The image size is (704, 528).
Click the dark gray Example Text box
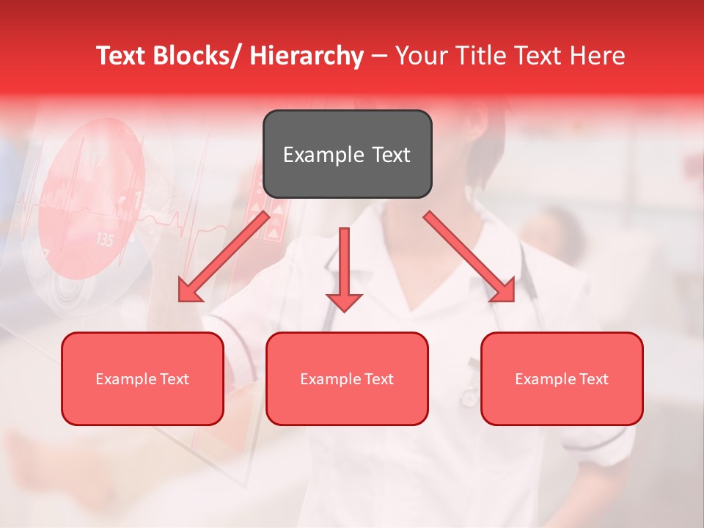pos(347,154)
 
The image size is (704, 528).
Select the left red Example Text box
pos(142,378)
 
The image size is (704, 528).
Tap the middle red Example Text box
pos(347,378)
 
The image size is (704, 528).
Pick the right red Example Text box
pos(562,378)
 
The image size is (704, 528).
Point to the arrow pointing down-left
pos(224,257)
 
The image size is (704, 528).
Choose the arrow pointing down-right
pos(469,257)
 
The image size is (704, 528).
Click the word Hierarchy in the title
pos(307,56)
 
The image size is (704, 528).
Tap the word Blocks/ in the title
pos(199,56)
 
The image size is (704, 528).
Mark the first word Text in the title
pos(122,56)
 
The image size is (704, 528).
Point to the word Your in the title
pos(421,56)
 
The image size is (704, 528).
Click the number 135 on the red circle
pos(105,239)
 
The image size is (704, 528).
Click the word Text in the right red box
pos(594,378)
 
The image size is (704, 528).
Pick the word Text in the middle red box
pos(379,378)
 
